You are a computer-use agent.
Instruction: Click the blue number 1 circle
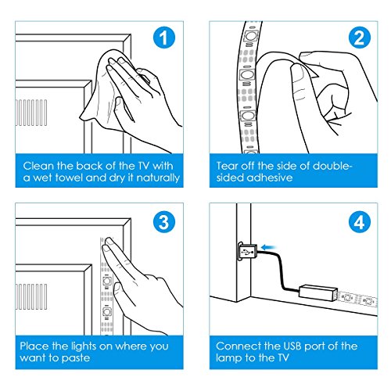click(164, 38)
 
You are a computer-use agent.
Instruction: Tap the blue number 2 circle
click(360, 38)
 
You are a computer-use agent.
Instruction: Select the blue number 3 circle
click(164, 222)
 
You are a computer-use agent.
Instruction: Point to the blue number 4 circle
click(360, 222)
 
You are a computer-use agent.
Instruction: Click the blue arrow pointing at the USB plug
click(268, 247)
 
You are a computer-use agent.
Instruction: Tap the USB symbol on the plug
click(247, 252)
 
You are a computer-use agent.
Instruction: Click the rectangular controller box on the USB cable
click(318, 293)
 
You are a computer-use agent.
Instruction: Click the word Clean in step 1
click(38, 166)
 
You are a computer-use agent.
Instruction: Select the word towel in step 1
click(69, 178)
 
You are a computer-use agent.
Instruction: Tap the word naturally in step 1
click(158, 178)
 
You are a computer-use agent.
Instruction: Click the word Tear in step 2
click(227, 166)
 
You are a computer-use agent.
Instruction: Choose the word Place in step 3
click(34, 346)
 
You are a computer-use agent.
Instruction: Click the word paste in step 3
click(75, 358)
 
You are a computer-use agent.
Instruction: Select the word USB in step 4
click(292, 346)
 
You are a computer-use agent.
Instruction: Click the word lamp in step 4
click(228, 358)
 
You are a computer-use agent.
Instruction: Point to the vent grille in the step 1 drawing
click(31, 113)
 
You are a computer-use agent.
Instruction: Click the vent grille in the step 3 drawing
click(31, 297)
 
